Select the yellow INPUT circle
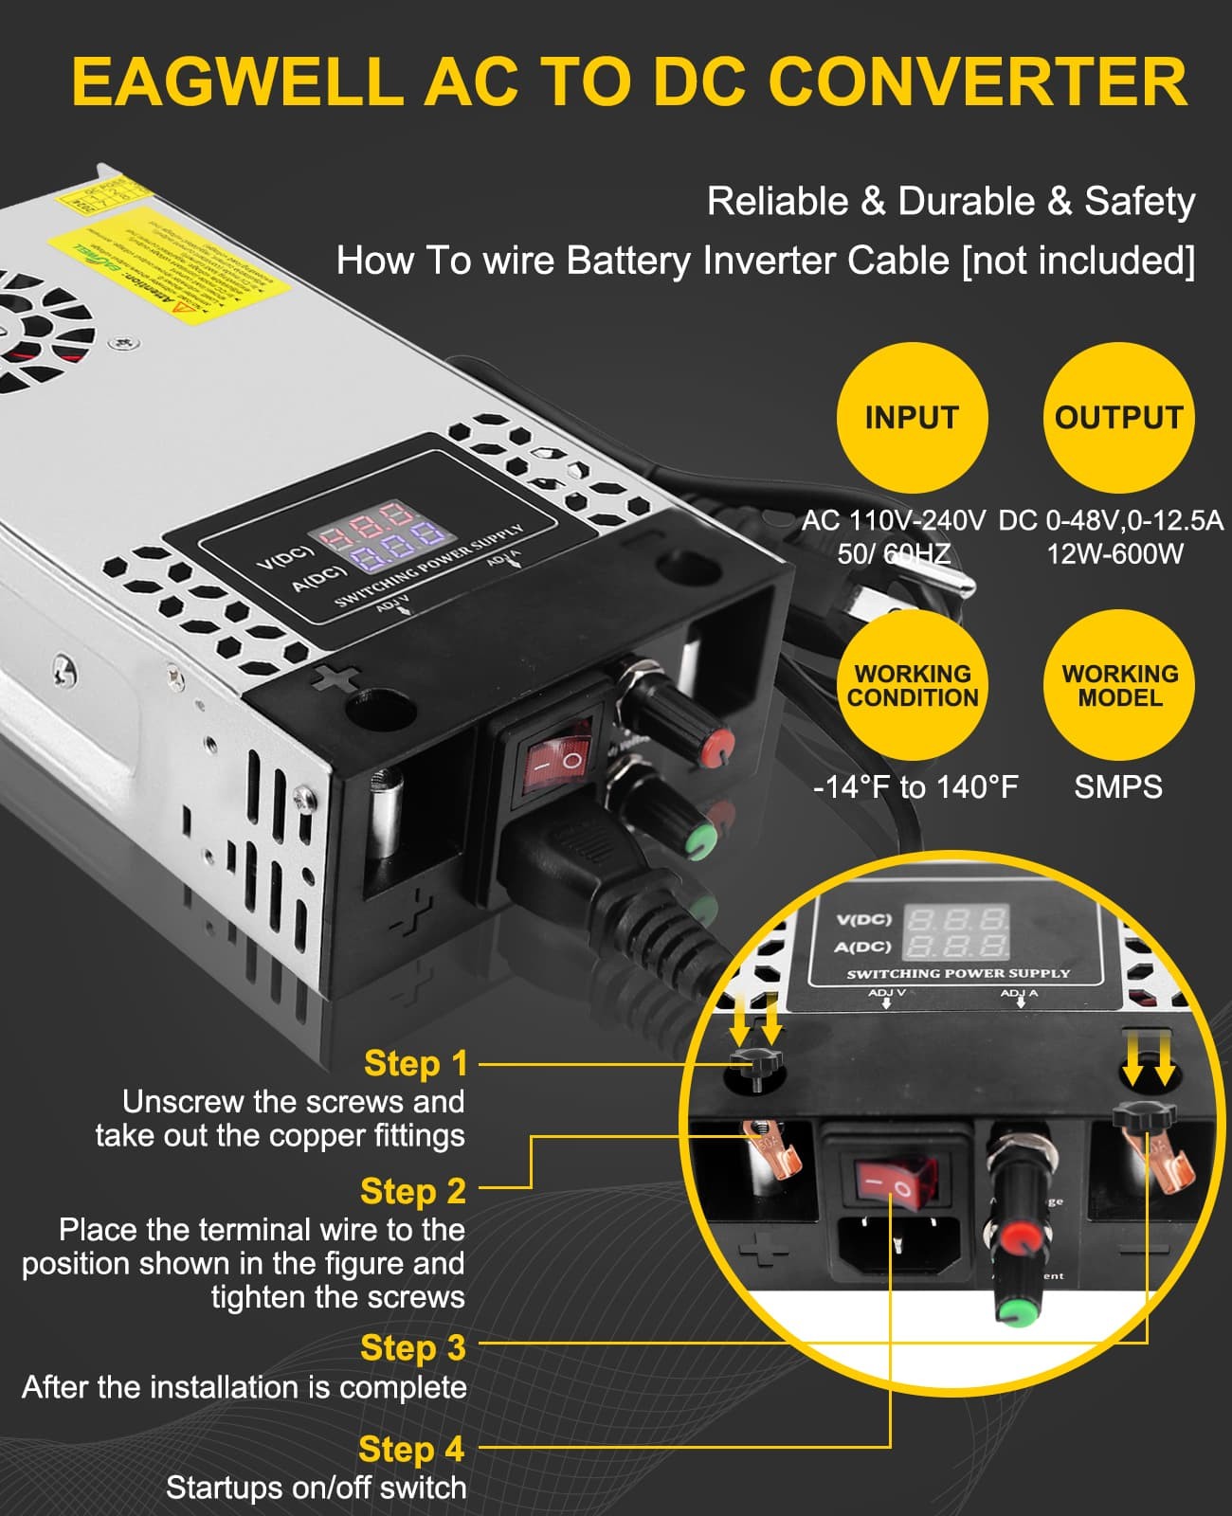[912, 418]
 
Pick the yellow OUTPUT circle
[1118, 418]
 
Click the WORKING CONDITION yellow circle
[913, 685]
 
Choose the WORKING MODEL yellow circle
[1119, 685]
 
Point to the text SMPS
[1118, 786]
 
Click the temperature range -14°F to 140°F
[915, 786]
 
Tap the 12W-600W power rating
[1114, 553]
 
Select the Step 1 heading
[416, 1063]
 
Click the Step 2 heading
[413, 1191]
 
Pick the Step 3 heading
[413, 1347]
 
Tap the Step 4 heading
[411, 1449]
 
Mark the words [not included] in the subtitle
[1078, 261]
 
